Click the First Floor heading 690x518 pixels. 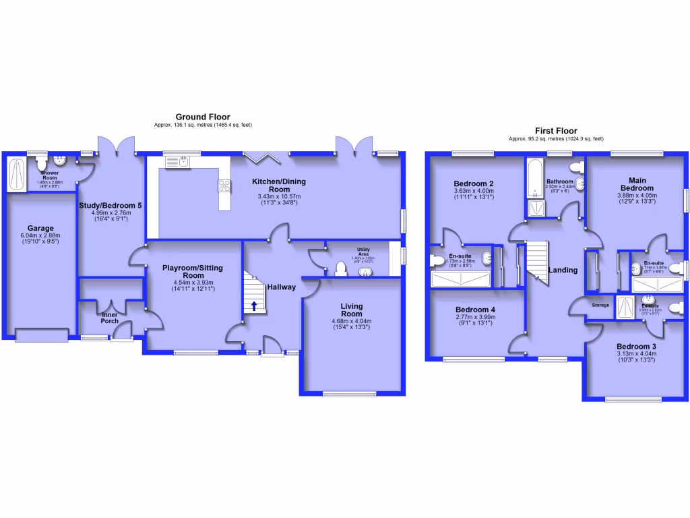click(556, 131)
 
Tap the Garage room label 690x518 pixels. click(40, 228)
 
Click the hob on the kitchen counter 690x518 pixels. click(224, 185)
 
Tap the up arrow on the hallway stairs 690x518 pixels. click(254, 306)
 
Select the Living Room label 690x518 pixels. click(352, 310)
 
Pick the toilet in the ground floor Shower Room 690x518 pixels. click(42, 163)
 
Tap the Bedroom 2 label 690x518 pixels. click(474, 183)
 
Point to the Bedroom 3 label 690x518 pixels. click(635, 345)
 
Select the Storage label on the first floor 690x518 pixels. click(600, 305)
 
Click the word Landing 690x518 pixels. click(563, 270)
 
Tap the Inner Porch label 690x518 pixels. click(111, 319)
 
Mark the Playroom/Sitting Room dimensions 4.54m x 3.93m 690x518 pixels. click(193, 283)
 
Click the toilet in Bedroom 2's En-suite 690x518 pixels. click(436, 260)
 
